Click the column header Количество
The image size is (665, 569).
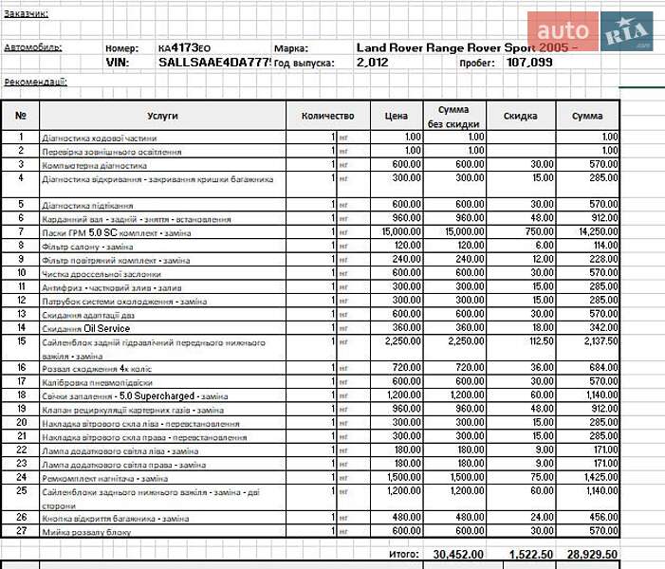pos(327,116)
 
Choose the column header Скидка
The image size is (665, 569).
pos(521,116)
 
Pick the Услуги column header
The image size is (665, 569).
pos(163,116)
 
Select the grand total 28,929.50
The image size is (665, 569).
pos(592,553)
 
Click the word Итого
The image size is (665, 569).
pos(403,553)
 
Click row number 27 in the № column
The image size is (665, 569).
pos(21,531)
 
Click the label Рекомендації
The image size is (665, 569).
pos(35,82)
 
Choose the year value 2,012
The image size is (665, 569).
pos(374,63)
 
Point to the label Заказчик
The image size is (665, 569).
pos(26,14)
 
